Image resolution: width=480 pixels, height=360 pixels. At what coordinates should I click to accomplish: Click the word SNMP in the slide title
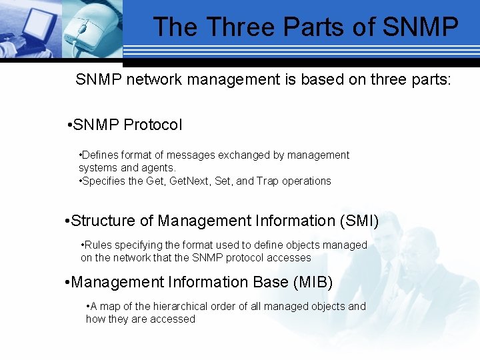(422, 27)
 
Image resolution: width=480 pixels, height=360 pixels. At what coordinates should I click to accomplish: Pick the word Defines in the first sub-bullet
(101, 155)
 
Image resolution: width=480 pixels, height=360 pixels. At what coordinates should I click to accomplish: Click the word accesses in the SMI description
(289, 257)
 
